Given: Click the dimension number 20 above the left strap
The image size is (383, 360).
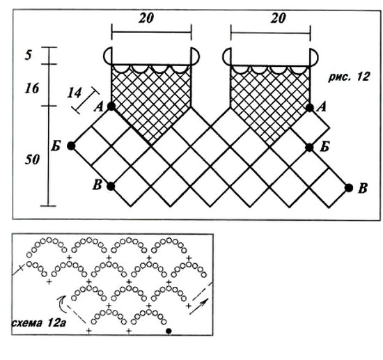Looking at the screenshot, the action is click(x=146, y=18).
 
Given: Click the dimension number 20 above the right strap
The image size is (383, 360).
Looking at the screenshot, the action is click(x=278, y=18).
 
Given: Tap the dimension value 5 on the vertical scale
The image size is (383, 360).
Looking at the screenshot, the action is click(x=29, y=55).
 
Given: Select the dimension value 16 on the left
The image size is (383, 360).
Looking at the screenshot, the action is click(x=32, y=88).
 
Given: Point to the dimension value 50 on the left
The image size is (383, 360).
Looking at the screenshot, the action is click(x=32, y=159).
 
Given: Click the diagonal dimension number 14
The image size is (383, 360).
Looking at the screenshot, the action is click(x=75, y=93).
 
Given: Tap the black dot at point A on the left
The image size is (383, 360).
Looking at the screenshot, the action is click(x=111, y=107).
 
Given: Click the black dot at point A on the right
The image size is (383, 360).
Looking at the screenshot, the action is click(x=310, y=107).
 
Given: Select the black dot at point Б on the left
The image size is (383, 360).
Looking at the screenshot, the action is click(x=71, y=146).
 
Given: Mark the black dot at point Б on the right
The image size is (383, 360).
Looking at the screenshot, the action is click(x=309, y=148).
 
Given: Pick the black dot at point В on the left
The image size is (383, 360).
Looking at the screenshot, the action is click(x=111, y=187).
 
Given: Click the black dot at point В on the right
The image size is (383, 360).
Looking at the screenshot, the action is click(x=349, y=188).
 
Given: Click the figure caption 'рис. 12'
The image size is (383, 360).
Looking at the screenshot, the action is click(x=349, y=77).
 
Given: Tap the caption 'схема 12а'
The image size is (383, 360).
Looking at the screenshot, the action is click(x=38, y=323).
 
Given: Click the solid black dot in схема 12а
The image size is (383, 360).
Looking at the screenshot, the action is click(x=169, y=331).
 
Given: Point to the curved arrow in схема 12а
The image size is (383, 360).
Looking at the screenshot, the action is click(x=61, y=304).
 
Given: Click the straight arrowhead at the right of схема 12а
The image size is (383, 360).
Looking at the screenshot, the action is click(x=205, y=302).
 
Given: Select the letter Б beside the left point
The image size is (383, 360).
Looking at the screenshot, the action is click(x=56, y=146).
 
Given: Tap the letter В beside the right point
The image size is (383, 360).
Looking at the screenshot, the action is click(x=363, y=189).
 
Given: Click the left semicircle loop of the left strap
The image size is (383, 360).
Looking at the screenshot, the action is click(x=104, y=56).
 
